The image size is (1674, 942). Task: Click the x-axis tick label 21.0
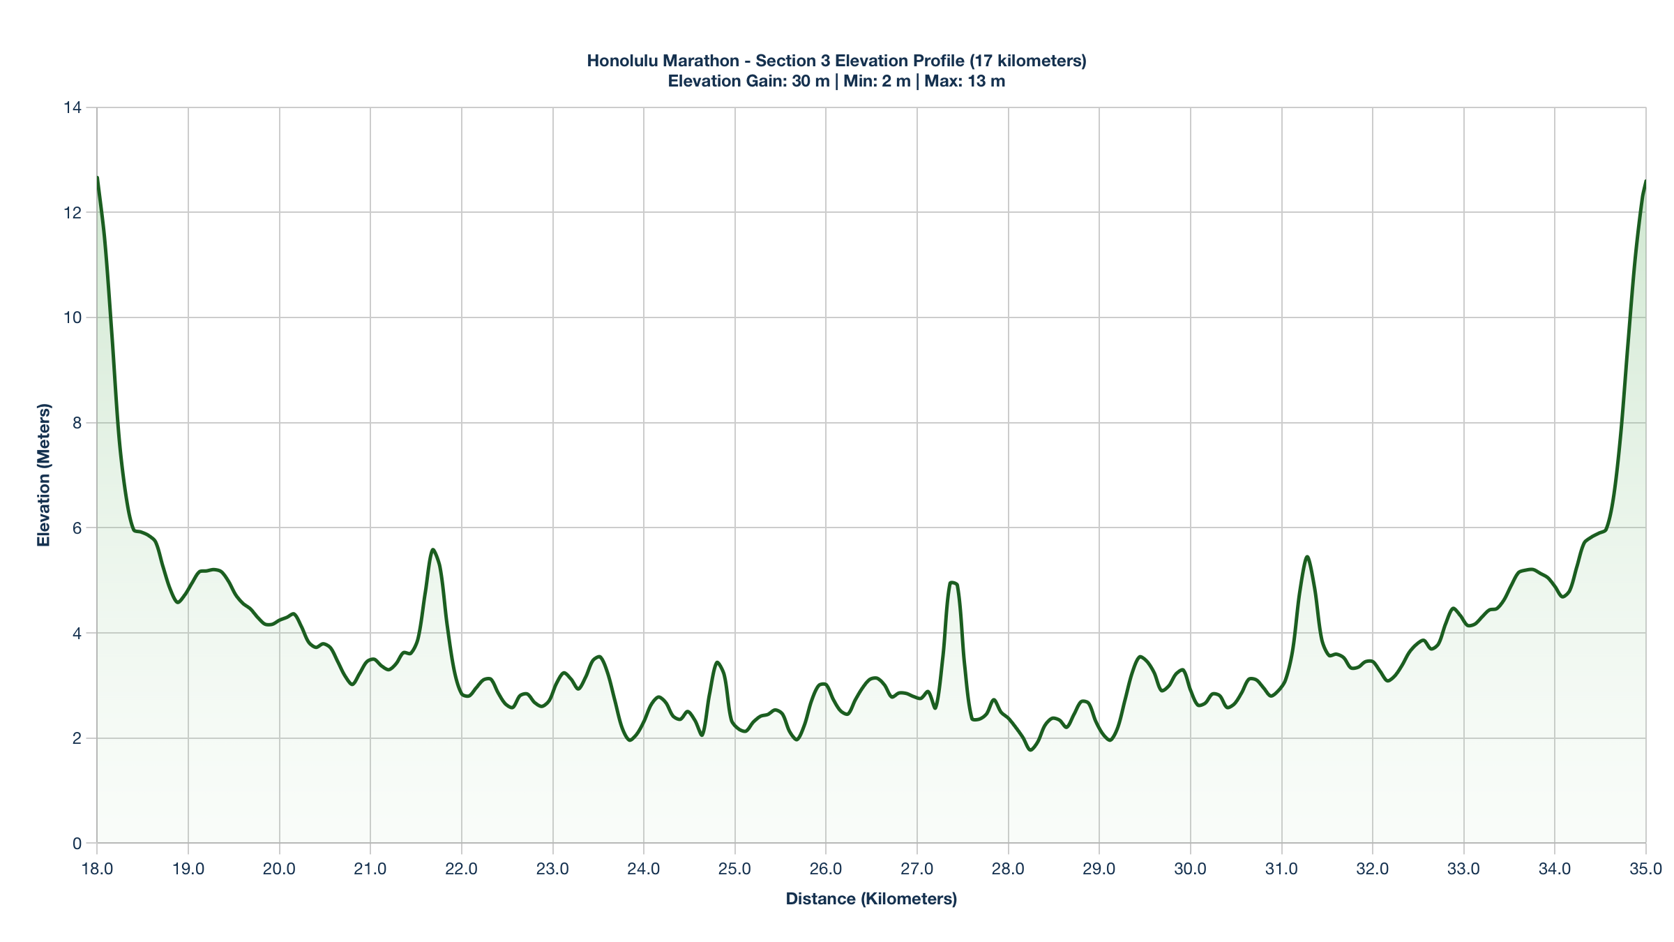coord(370,869)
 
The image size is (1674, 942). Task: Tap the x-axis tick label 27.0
coord(917,869)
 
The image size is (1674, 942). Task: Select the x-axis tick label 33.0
coord(1464,869)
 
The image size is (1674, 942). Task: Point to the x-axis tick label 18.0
coord(97,869)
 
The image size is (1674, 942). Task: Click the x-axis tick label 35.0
coord(1646,869)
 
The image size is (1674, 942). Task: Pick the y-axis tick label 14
coord(72,107)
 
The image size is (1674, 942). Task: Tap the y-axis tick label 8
coord(77,423)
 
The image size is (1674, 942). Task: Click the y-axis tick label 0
coord(77,844)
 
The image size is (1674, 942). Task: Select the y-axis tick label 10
coord(72,317)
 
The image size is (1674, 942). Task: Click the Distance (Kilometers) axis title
coord(871,899)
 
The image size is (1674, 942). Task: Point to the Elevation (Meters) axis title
coord(44,475)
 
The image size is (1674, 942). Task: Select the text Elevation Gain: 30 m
coord(748,81)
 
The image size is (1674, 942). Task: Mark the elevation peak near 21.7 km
coord(433,550)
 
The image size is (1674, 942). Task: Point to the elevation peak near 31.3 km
coord(1307,557)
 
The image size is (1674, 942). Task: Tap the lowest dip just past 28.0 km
coord(1030,750)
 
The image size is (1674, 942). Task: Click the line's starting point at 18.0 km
coord(98,177)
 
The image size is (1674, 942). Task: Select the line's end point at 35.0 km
coord(1645,181)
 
